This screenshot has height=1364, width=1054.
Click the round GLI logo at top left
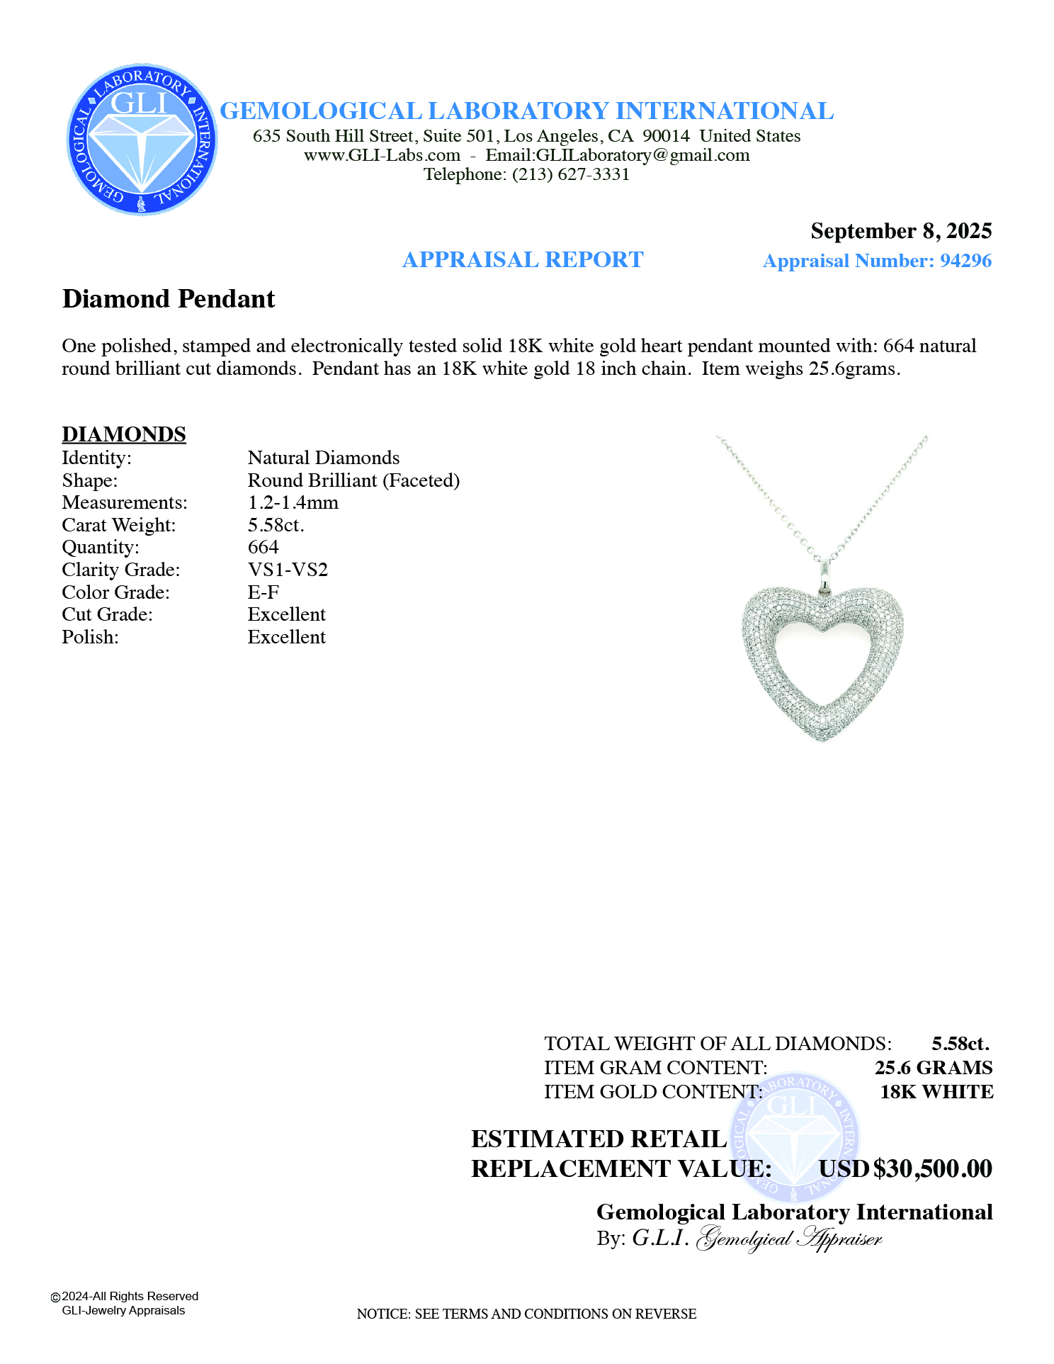click(142, 140)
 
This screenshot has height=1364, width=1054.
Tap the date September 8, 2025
click(900, 231)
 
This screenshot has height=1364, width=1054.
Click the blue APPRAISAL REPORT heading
click(523, 260)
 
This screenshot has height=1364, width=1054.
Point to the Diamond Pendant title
click(169, 299)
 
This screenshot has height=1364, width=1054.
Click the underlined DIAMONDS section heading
click(124, 434)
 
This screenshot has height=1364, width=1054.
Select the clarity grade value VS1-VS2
click(288, 570)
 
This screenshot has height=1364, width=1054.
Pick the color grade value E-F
click(263, 592)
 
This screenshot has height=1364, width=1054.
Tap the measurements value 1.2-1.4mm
click(293, 502)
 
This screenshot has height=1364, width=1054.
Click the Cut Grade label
click(108, 614)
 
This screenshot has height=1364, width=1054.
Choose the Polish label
click(90, 637)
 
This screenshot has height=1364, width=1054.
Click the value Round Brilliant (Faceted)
click(353, 480)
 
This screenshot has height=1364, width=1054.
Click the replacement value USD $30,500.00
click(905, 1168)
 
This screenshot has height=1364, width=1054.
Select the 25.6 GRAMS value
click(933, 1068)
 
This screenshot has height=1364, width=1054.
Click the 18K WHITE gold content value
click(936, 1092)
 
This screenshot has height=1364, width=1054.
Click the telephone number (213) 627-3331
click(571, 174)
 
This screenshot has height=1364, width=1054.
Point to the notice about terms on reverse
click(526, 1314)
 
